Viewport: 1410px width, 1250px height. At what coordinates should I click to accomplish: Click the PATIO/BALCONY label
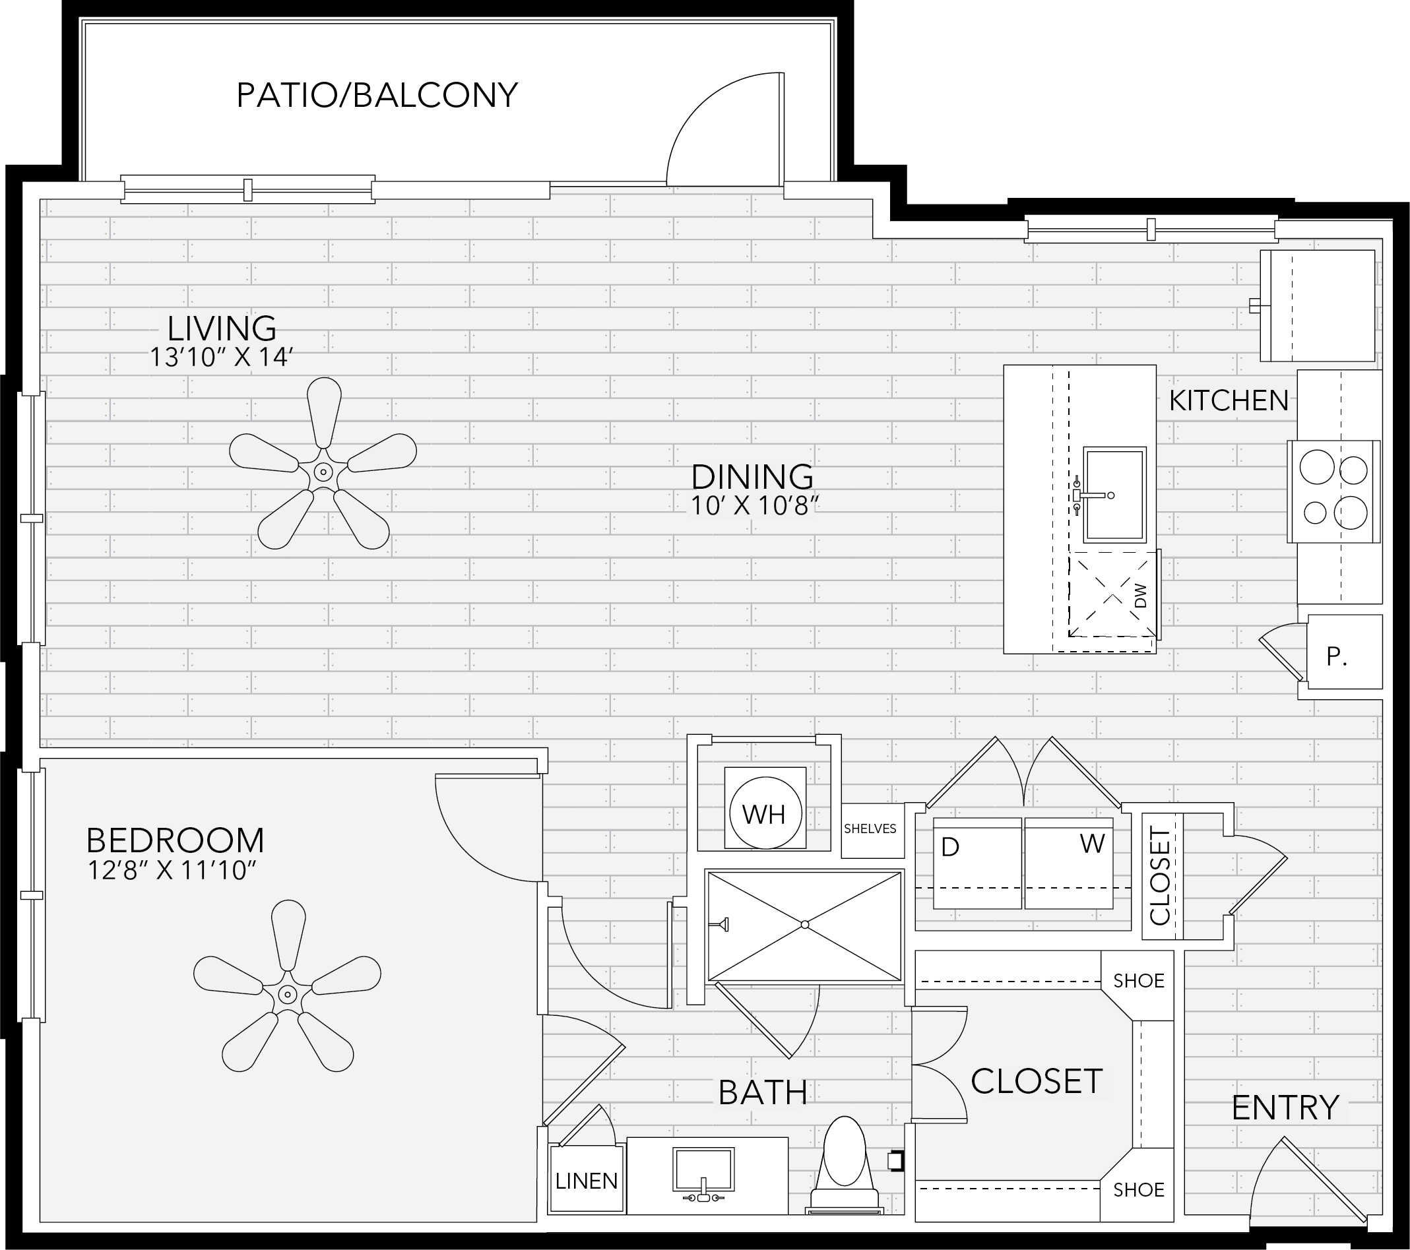tap(377, 95)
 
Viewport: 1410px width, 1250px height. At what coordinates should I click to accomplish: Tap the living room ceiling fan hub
tap(322, 472)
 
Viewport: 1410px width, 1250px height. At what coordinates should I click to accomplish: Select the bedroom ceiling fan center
tap(286, 994)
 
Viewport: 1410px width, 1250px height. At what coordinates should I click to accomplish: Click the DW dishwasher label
tap(1139, 596)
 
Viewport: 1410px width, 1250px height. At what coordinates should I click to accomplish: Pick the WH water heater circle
tap(765, 814)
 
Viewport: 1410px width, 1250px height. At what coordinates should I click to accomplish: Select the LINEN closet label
tap(587, 1181)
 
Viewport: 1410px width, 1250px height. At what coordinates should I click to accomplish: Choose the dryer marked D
tap(977, 863)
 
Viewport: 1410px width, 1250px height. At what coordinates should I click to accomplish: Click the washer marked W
tap(1068, 863)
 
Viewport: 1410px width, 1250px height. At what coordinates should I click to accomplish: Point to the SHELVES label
tap(870, 828)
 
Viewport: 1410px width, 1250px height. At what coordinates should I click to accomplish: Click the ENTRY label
tap(1285, 1108)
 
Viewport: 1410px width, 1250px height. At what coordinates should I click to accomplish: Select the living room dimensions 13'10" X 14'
tap(222, 356)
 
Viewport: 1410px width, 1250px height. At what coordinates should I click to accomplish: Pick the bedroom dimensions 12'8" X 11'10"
tap(172, 870)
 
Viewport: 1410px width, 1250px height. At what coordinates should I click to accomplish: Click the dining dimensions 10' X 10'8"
tap(755, 505)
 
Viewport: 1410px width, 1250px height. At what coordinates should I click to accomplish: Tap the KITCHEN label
tap(1229, 400)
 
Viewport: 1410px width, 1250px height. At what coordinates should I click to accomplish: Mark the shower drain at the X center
tap(804, 925)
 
